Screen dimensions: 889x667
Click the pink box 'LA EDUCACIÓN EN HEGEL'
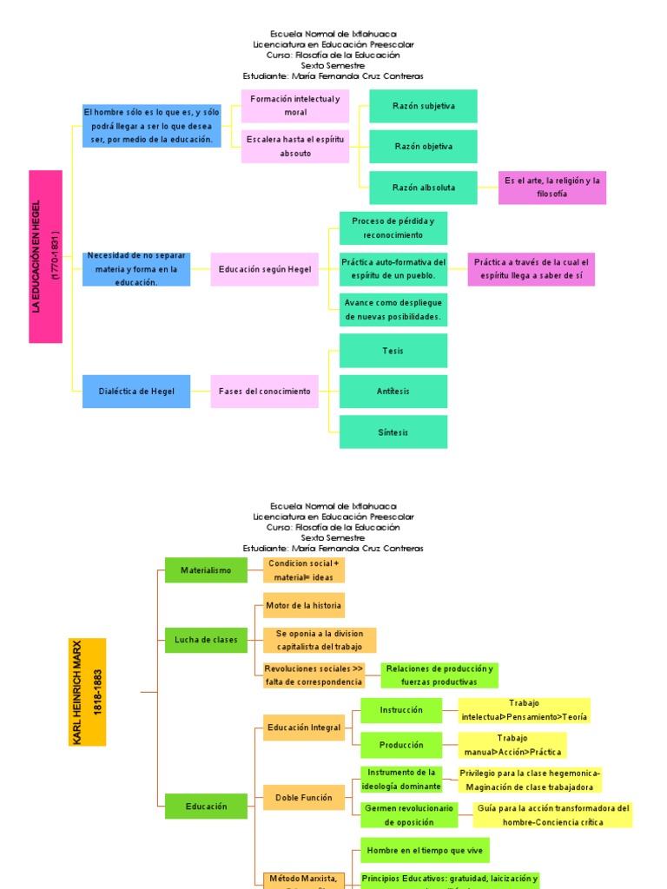(x=46, y=256)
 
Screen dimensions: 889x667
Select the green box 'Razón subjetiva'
(x=423, y=106)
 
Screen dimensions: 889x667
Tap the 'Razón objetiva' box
(x=423, y=147)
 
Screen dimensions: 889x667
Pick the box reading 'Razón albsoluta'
(x=423, y=188)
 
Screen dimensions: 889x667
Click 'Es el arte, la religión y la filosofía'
(x=551, y=188)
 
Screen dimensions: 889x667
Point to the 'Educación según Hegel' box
(x=264, y=269)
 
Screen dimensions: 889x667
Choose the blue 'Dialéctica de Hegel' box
(x=136, y=392)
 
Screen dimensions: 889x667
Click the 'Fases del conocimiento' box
(x=264, y=392)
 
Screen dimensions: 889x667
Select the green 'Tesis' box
(x=393, y=351)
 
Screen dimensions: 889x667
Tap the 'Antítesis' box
(x=393, y=392)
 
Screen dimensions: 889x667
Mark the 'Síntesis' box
(x=393, y=432)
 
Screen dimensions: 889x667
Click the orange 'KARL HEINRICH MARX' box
(x=87, y=692)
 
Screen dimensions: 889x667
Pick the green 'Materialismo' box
(x=206, y=570)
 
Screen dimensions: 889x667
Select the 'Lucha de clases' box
(x=206, y=641)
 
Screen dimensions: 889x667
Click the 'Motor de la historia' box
(x=304, y=605)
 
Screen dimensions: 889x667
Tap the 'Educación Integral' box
(x=304, y=728)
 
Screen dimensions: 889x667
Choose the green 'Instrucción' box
(x=401, y=710)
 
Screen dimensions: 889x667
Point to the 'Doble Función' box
(x=304, y=798)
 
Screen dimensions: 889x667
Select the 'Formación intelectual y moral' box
(x=295, y=106)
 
